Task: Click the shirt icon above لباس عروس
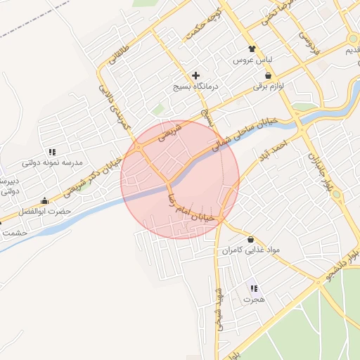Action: click(x=252, y=49)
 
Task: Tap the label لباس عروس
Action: click(x=252, y=60)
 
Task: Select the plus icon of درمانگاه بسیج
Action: click(x=195, y=75)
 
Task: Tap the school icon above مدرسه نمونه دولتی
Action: click(x=52, y=151)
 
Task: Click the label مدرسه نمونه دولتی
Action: click(x=52, y=162)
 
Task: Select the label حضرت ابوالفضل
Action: click(x=46, y=212)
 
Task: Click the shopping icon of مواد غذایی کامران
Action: click(x=251, y=239)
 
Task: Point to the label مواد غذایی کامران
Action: click(x=251, y=250)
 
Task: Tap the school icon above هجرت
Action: click(x=253, y=288)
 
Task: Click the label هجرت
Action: click(x=253, y=300)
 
